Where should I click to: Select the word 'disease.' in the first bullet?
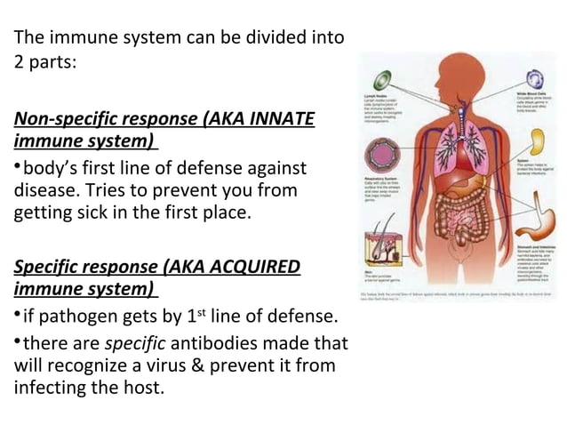pyautogui.click(x=44, y=189)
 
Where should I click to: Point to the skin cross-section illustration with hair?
pyautogui.click(x=383, y=241)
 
